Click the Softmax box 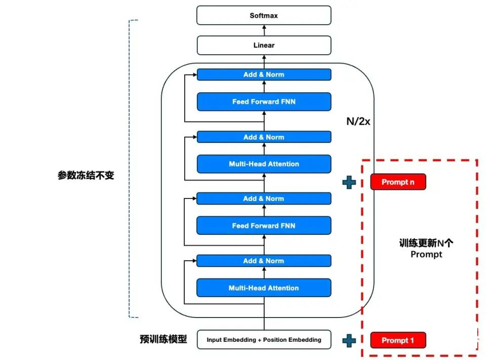click(x=264, y=16)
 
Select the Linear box click(x=264, y=45)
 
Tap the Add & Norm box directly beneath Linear click(x=264, y=74)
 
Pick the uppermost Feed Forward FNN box click(x=264, y=102)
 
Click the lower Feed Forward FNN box click(x=264, y=225)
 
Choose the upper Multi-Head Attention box click(x=264, y=164)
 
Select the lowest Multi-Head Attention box click(x=264, y=288)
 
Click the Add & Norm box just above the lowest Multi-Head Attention click(x=264, y=261)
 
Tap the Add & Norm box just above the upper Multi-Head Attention click(x=264, y=137)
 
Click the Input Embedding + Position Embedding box click(x=264, y=340)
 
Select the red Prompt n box click(x=398, y=182)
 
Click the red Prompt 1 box click(x=398, y=340)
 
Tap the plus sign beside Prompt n click(x=349, y=182)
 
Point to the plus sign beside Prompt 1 click(x=349, y=340)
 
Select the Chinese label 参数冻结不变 click(x=86, y=176)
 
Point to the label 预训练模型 click(x=163, y=339)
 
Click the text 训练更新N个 click(x=426, y=243)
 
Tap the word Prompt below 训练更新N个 click(x=426, y=254)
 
